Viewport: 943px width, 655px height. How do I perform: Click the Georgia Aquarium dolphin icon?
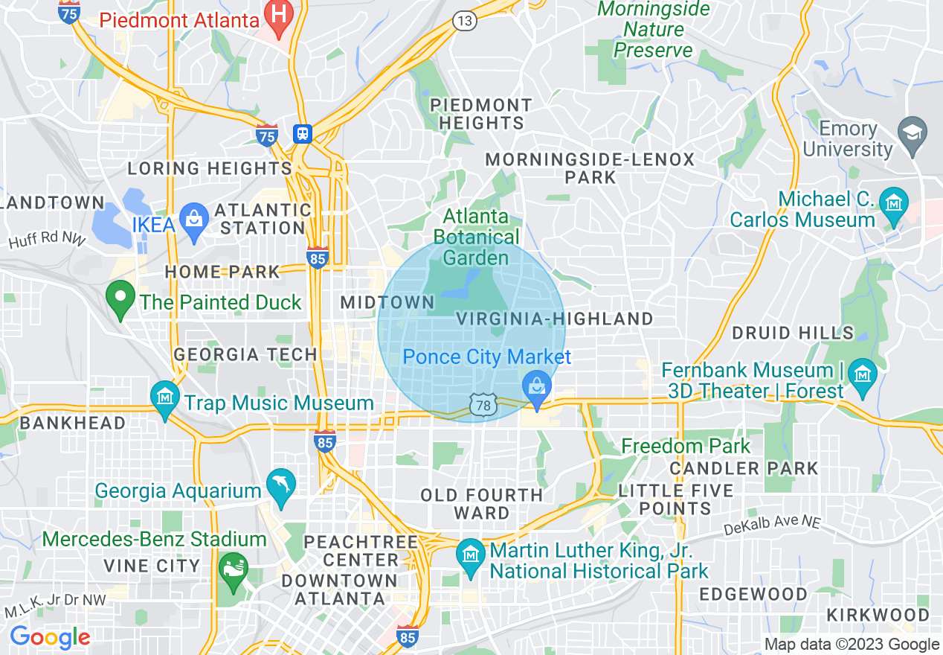pyautogui.click(x=282, y=486)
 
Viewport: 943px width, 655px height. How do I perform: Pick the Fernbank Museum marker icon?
pyautogui.click(x=863, y=373)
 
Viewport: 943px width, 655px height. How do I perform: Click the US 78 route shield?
pyautogui.click(x=482, y=405)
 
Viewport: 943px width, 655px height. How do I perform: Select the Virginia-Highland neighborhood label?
pyautogui.click(x=554, y=319)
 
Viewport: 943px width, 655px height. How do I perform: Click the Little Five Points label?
pyautogui.click(x=675, y=500)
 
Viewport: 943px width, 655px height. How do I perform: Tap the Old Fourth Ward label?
pyautogui.click(x=481, y=504)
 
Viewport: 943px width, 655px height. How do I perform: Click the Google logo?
pyautogui.click(x=49, y=637)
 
